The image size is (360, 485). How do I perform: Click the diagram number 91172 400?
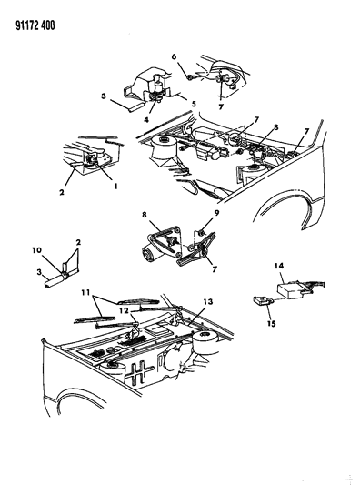click(35, 25)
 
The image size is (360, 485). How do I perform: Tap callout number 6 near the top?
click(174, 56)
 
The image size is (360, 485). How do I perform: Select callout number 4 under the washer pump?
click(146, 119)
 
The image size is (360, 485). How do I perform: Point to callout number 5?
click(194, 104)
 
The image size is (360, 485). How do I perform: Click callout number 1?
click(115, 187)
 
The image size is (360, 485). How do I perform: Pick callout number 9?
click(216, 213)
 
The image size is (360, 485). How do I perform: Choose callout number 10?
click(36, 249)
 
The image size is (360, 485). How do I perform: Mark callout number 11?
click(85, 292)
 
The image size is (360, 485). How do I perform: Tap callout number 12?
click(125, 310)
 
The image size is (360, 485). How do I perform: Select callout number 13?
click(208, 301)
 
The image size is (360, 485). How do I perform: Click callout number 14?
click(279, 266)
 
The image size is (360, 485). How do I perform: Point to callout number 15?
click(271, 324)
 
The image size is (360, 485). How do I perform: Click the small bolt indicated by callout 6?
click(189, 77)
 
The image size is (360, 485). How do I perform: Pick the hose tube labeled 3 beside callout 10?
click(55, 281)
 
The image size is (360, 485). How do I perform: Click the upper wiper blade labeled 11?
click(138, 301)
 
